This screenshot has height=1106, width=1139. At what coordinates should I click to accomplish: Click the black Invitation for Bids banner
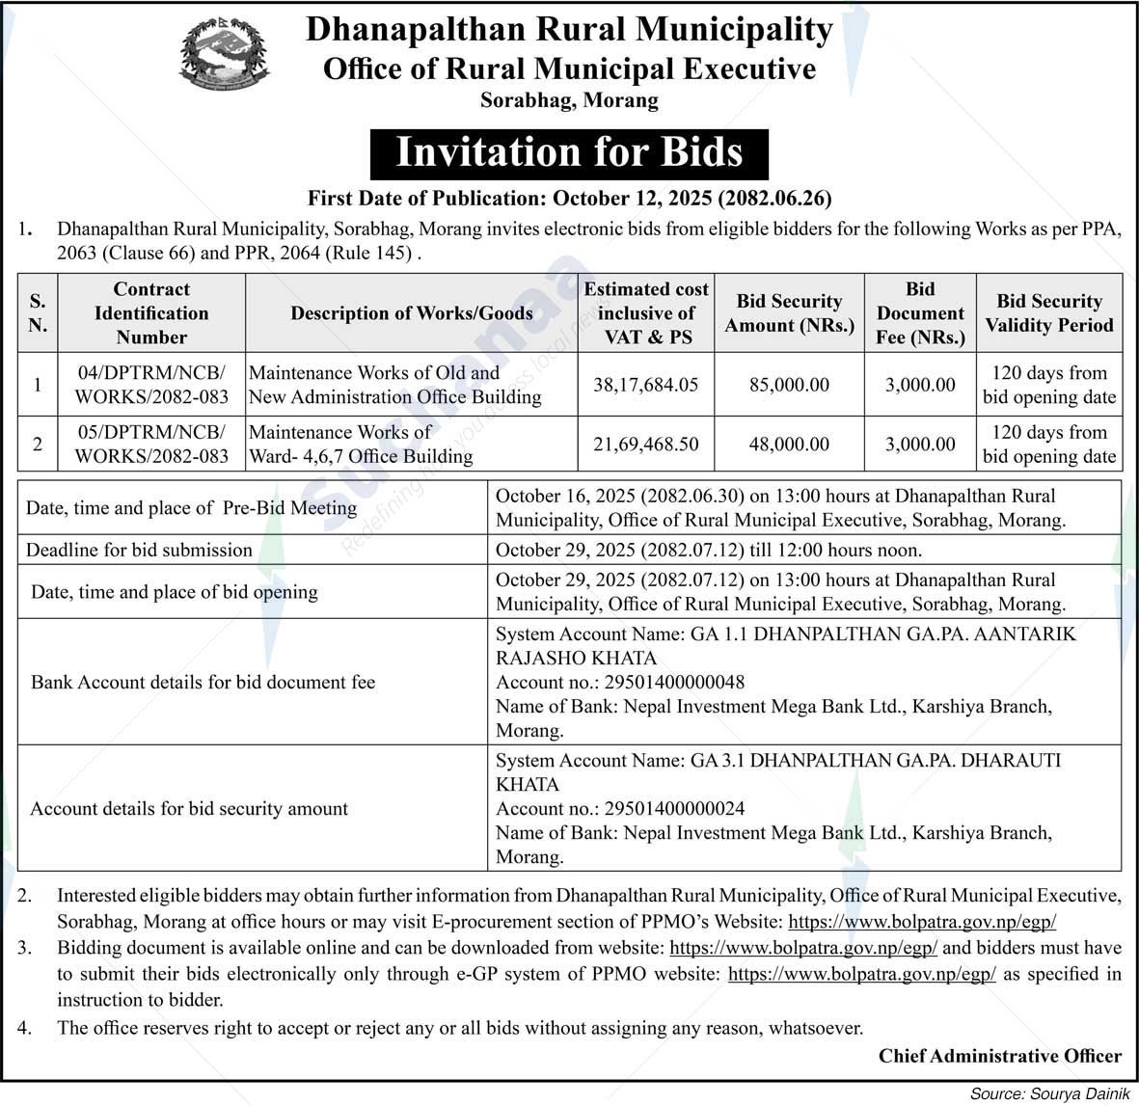point(569,153)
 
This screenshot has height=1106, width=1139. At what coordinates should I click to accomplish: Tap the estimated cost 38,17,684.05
point(645,385)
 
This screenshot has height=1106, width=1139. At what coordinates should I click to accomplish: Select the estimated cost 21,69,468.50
point(645,445)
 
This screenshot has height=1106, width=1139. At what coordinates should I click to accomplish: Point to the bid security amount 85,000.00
point(789,385)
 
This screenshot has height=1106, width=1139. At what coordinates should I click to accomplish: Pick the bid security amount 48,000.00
point(789,445)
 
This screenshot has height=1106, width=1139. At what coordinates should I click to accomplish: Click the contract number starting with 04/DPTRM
point(151,385)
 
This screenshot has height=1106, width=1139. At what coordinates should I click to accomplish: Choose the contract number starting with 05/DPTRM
point(151,445)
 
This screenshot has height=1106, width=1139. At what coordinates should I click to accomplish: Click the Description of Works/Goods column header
point(412,313)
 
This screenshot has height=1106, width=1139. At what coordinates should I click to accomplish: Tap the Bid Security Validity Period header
point(1048,313)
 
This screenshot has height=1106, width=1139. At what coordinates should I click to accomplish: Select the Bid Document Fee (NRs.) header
point(920,313)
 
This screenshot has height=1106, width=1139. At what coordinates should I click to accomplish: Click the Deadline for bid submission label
point(139,551)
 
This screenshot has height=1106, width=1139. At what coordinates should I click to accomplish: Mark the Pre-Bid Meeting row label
point(191,508)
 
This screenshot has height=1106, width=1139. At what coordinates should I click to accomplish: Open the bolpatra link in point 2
point(922,922)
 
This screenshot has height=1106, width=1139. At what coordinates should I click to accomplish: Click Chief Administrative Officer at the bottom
point(999,1057)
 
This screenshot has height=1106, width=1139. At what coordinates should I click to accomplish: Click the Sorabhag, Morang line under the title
point(569,100)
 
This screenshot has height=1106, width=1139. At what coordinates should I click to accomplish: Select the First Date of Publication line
point(569,200)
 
